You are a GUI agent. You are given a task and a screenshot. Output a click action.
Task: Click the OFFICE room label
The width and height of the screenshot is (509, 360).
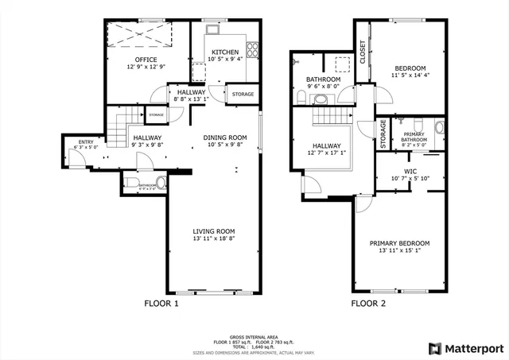146,60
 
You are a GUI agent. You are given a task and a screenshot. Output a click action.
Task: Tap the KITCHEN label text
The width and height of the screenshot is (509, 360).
225,52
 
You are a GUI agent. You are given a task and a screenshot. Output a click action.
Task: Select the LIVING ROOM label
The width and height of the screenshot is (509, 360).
214,231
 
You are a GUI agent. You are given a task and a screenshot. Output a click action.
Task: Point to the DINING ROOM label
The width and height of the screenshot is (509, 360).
225,137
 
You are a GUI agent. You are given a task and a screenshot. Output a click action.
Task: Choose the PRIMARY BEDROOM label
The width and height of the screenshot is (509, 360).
399,243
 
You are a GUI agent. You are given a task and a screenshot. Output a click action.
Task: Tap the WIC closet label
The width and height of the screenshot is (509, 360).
410,171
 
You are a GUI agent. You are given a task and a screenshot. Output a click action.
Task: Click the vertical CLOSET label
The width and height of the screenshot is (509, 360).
363,52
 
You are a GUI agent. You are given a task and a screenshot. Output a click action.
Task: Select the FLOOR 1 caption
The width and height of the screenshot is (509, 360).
161,304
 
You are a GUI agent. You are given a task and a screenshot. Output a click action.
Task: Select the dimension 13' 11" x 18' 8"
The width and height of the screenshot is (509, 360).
214,238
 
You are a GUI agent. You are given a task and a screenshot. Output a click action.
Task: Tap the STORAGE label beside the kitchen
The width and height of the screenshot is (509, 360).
243,95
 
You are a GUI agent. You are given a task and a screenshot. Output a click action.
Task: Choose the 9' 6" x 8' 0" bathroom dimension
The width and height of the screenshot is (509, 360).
324,87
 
